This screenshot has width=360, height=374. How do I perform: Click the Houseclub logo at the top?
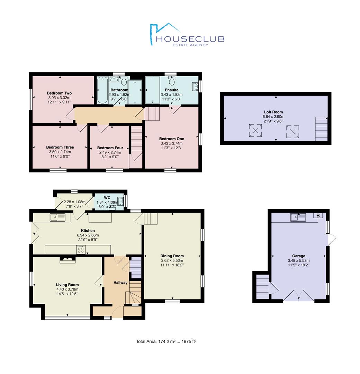point(187,35)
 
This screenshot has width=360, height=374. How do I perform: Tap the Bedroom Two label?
point(59,93)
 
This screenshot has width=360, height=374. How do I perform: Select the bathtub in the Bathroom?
point(102,90)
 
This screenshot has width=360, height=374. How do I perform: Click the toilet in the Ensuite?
point(172,81)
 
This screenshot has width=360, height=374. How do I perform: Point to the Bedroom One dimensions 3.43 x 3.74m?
point(172,143)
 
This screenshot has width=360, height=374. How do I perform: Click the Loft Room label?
point(273,112)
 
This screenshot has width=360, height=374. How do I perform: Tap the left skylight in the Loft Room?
point(255,131)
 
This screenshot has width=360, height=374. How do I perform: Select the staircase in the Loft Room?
point(321,129)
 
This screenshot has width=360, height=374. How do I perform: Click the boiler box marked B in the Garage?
point(318,215)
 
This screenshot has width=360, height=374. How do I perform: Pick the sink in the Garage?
point(298,217)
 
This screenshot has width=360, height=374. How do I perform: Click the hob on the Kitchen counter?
point(81,250)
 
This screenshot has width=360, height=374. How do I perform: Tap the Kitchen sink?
point(57,217)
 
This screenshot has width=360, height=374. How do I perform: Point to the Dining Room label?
point(172,256)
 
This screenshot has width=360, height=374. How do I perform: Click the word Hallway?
point(120,283)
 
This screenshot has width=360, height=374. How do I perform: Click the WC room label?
point(107,198)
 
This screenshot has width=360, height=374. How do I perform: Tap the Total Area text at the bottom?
point(166,341)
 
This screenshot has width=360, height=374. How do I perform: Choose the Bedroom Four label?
point(110,148)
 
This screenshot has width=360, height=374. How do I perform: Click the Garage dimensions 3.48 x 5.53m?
point(298,260)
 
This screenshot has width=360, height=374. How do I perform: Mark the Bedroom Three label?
point(60,147)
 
